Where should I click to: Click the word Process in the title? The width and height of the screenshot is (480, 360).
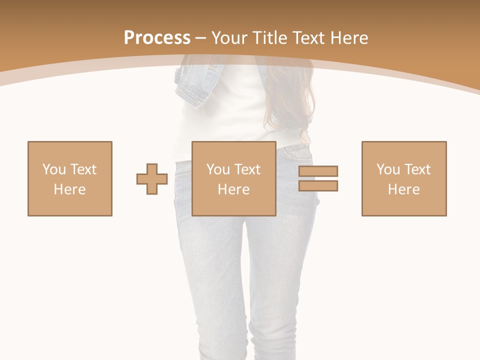157,38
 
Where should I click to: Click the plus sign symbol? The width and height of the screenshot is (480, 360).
152,179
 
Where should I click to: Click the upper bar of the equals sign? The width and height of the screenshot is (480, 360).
318,171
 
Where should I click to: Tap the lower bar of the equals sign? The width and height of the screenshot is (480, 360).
318,185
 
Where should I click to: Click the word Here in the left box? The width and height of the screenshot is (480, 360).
70,189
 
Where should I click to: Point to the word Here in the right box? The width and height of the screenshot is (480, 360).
404,189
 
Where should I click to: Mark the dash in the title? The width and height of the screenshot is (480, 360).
201,38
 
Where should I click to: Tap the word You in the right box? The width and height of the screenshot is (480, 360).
388,169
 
